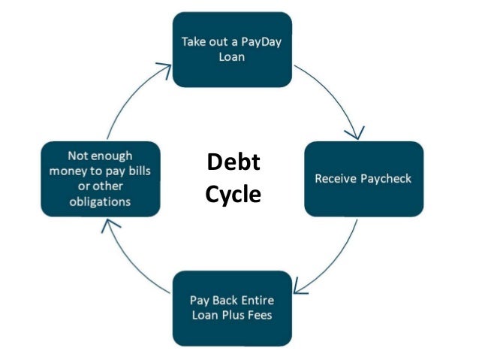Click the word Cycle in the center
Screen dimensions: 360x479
(x=233, y=195)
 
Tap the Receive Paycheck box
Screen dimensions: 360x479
(x=364, y=179)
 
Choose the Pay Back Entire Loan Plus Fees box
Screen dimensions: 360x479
(x=232, y=308)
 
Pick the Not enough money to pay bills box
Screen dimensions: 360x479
(x=100, y=179)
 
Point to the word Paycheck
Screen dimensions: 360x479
(x=384, y=180)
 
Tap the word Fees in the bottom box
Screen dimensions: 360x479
(x=258, y=315)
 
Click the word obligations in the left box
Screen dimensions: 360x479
(x=100, y=201)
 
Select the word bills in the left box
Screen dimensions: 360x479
(x=140, y=171)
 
